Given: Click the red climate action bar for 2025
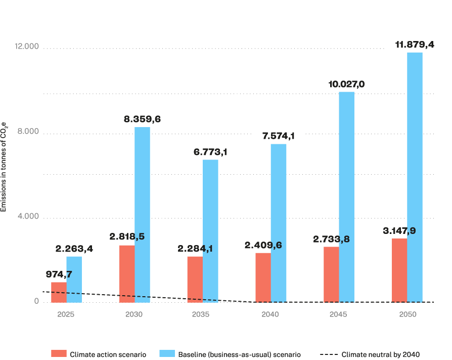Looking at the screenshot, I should (59, 292).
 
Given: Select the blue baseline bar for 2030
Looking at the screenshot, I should (142, 215).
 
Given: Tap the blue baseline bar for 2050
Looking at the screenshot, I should (415, 177).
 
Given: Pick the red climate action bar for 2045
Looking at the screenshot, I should (331, 274).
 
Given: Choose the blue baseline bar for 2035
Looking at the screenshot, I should (210, 231).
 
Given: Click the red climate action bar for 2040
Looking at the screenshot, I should (263, 277).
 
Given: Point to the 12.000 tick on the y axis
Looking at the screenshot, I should (27, 47).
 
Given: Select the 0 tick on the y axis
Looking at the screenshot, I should (36, 301).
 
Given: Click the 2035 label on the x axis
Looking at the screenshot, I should (201, 314).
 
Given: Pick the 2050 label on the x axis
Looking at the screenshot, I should (407, 314).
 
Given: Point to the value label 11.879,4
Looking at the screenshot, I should (414, 45).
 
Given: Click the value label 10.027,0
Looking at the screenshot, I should (346, 84).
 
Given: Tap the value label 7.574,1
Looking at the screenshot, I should (278, 136).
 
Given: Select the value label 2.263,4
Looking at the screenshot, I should (74, 249).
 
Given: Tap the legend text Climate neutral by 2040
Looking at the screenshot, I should (381, 354).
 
